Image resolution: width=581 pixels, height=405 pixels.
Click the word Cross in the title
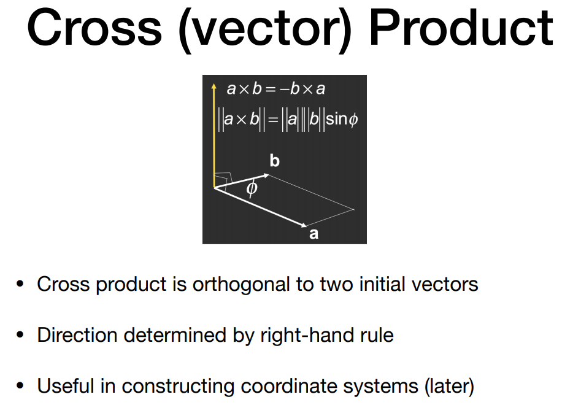(x=94, y=28)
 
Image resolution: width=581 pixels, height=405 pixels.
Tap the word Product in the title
(x=461, y=28)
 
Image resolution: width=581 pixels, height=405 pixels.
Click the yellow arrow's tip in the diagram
(x=214, y=84)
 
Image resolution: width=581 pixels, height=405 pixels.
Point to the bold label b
(x=274, y=161)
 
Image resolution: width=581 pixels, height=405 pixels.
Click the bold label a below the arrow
(x=314, y=234)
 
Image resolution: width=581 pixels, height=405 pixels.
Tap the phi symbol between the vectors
(x=252, y=188)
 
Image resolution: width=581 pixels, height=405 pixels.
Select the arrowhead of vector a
(x=304, y=225)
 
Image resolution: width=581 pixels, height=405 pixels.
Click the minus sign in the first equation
(x=285, y=90)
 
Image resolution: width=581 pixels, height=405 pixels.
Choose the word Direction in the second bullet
(x=77, y=335)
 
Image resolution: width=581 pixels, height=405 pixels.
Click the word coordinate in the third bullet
(x=289, y=386)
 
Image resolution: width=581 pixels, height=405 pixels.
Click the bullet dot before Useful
(x=20, y=386)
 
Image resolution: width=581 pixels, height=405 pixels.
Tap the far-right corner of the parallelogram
(x=355, y=209)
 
